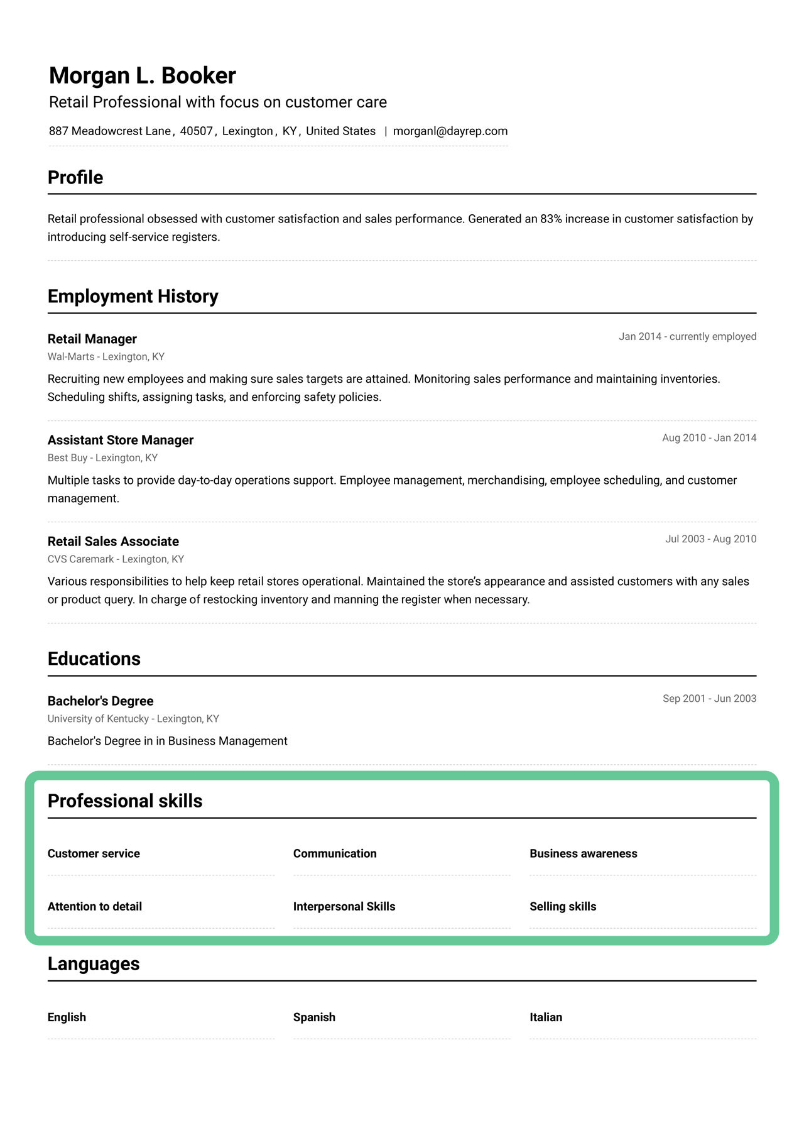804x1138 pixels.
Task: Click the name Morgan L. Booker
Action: click(143, 76)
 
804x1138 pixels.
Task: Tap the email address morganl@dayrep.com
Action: click(450, 131)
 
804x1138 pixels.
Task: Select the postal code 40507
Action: click(196, 131)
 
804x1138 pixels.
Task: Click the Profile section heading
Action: click(75, 178)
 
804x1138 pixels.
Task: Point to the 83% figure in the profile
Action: click(551, 219)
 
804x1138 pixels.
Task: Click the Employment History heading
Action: click(133, 297)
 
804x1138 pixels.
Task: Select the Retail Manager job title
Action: click(92, 339)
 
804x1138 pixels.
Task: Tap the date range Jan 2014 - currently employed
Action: click(687, 337)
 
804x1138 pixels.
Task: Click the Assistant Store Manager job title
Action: click(121, 440)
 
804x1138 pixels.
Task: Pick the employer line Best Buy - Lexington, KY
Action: click(102, 458)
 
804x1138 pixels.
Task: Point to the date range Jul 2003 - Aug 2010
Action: click(710, 539)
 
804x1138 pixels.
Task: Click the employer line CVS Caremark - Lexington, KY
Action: click(116, 559)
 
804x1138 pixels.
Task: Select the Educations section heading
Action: click(94, 659)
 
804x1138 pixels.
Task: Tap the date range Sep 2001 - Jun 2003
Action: click(709, 699)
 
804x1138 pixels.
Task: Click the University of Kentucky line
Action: click(133, 719)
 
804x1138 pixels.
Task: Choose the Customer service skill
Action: click(94, 854)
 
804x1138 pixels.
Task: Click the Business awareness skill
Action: click(583, 854)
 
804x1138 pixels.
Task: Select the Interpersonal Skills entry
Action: click(344, 907)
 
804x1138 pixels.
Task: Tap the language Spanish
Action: click(314, 1017)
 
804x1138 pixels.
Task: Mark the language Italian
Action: click(545, 1017)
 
